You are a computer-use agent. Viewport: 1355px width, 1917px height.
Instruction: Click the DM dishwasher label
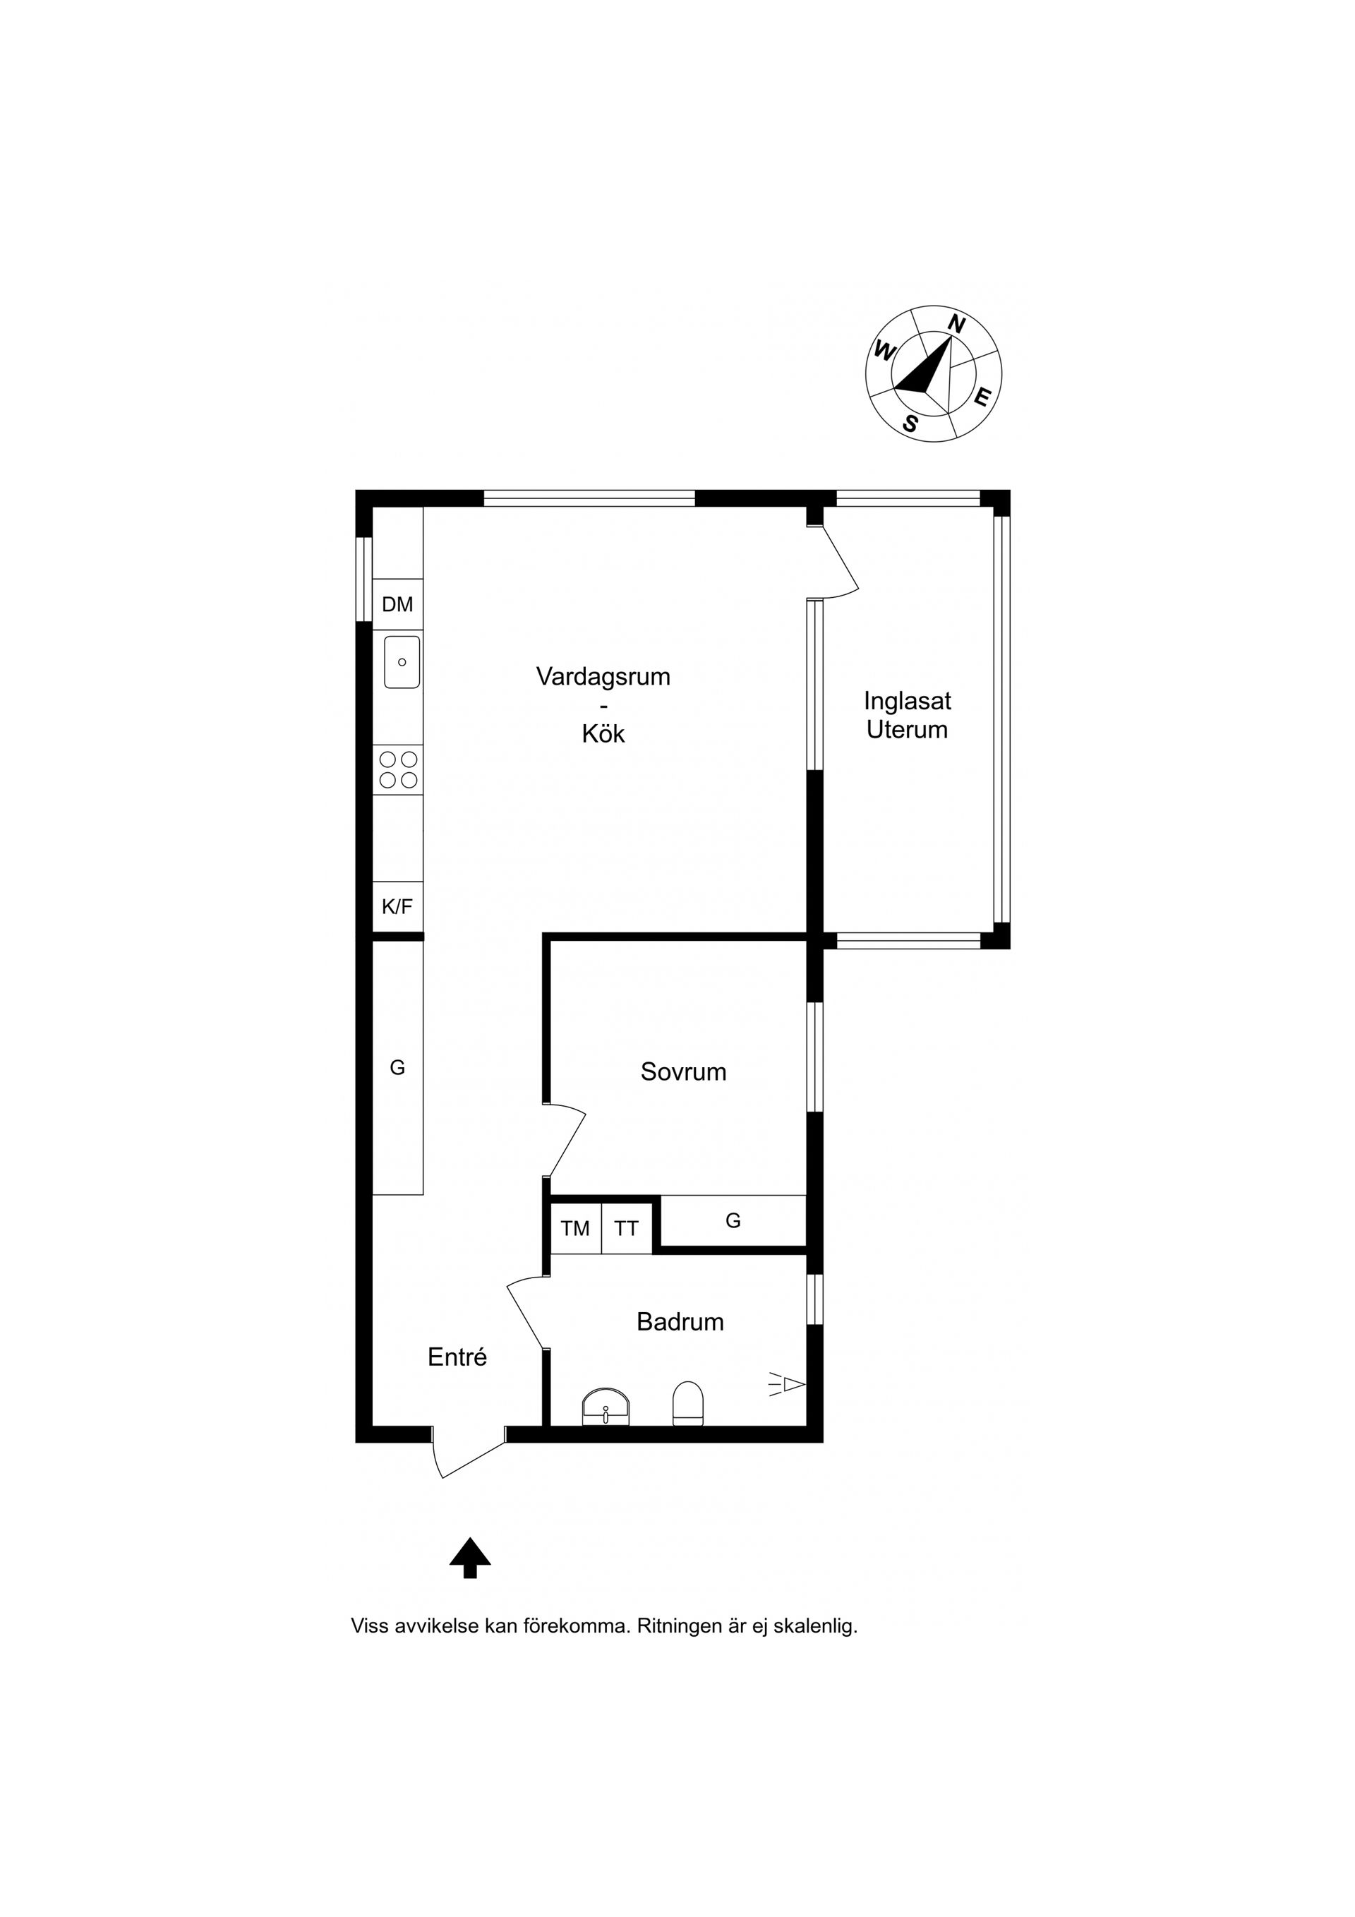click(397, 604)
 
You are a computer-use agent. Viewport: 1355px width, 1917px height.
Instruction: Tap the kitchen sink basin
click(402, 662)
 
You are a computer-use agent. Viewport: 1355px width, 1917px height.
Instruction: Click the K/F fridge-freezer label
click(397, 907)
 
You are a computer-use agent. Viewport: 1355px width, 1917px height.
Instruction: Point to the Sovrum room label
click(683, 1072)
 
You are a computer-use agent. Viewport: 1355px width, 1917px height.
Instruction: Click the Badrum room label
click(680, 1322)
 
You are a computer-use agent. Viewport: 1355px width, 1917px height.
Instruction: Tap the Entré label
click(457, 1357)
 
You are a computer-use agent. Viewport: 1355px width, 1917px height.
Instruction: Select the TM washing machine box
click(575, 1228)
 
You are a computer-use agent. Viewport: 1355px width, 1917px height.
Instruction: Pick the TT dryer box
click(626, 1228)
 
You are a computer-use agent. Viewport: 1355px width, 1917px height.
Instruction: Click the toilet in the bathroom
click(688, 1402)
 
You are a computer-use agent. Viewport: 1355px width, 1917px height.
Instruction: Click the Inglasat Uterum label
click(907, 715)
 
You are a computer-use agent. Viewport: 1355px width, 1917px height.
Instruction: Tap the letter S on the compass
click(910, 424)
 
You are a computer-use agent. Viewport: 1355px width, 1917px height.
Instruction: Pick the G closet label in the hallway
click(397, 1067)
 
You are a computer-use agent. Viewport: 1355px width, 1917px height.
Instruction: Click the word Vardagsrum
click(603, 676)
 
